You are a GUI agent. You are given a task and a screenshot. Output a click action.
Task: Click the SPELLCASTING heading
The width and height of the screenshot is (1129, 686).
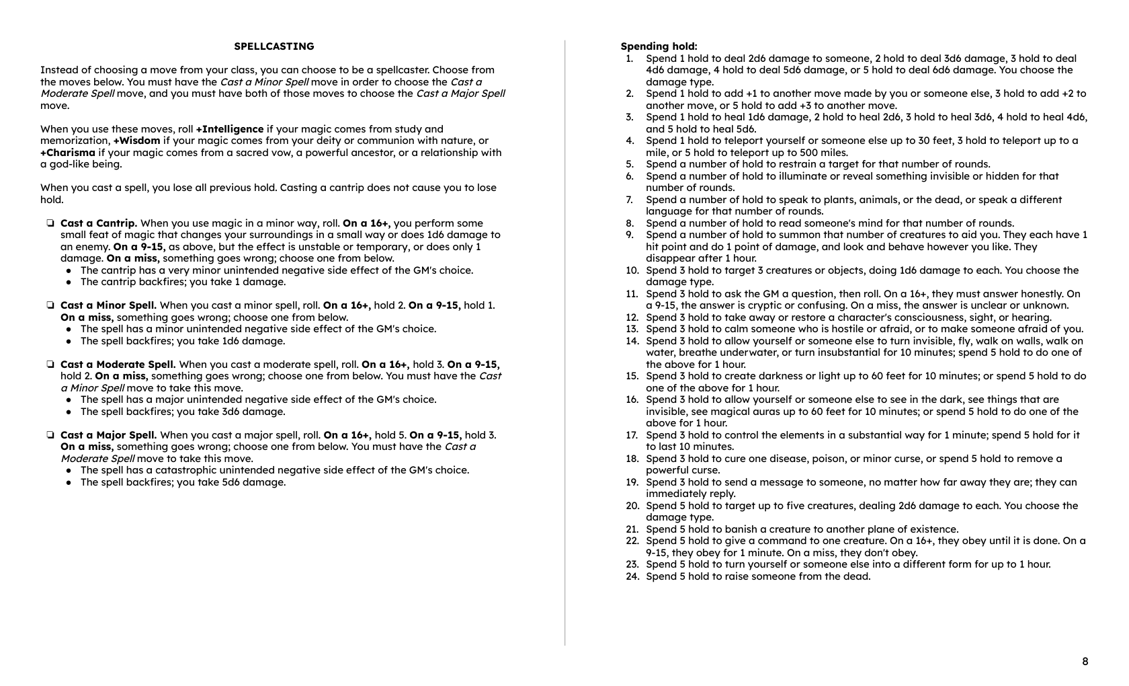[274, 46]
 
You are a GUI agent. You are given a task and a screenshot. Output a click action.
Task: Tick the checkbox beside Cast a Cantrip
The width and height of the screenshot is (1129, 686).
[50, 223]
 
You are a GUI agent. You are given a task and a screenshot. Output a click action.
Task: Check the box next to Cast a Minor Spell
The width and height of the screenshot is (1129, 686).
[50, 305]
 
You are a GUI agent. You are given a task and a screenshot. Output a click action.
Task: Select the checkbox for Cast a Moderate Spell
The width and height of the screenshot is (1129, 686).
[50, 365]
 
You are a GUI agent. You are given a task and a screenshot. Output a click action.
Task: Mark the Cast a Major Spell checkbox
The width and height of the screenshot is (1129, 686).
[50, 435]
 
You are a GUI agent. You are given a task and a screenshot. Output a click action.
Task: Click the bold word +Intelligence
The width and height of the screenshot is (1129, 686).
[230, 129]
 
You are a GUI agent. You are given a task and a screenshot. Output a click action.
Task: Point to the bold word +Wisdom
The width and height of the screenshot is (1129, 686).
[136, 141]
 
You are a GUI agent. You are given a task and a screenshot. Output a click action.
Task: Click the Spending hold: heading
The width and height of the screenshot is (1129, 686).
[659, 46]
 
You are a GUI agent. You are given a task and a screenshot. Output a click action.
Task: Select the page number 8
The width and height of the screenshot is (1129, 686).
[1085, 661]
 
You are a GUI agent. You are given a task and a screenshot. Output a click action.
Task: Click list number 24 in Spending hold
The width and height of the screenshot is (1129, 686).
[632, 576]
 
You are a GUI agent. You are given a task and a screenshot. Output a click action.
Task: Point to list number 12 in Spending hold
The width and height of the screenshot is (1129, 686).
[632, 317]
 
